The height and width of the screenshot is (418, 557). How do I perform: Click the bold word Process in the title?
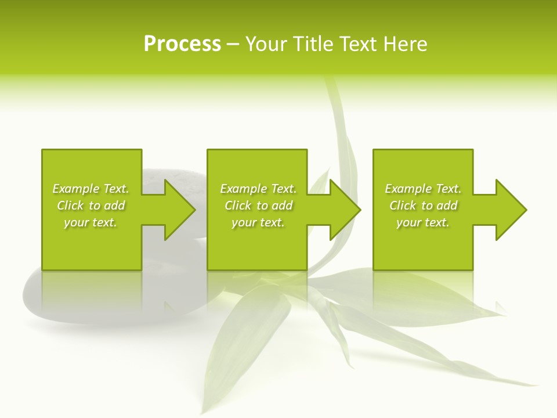click(182, 44)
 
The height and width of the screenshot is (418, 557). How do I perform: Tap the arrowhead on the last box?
click(510, 210)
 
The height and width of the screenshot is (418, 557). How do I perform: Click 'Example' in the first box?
click(75, 189)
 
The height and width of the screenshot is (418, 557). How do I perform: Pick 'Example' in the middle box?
click(243, 189)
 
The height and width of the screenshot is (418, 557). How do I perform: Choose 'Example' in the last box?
click(408, 189)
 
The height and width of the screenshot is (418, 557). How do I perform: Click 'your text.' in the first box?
click(91, 222)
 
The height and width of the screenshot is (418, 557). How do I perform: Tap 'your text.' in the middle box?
click(258, 222)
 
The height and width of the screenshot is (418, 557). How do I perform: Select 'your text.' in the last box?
click(423, 222)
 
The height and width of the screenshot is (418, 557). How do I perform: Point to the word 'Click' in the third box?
click(403, 206)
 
